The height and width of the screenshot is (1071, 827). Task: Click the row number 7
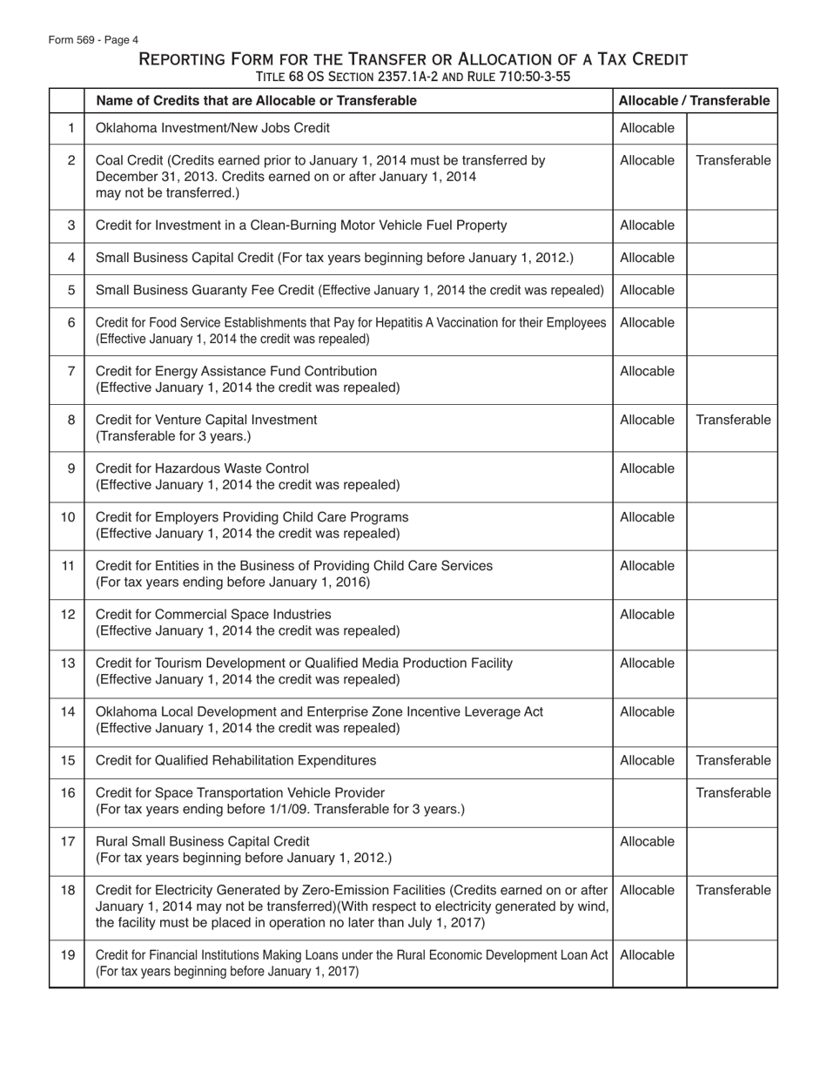tap(71, 371)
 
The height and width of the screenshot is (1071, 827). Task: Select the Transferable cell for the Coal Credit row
tap(732, 160)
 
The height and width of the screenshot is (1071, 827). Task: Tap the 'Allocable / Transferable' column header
tap(694, 101)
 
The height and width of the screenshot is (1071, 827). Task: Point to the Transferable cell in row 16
tap(732, 792)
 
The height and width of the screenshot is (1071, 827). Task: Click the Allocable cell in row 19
tap(647, 954)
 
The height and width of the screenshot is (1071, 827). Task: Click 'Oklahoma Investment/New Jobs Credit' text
tap(212, 129)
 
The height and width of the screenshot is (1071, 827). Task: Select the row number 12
tap(68, 614)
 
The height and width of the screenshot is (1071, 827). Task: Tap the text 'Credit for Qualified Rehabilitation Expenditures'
tap(236, 760)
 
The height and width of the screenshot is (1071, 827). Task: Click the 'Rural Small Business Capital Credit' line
tap(202, 841)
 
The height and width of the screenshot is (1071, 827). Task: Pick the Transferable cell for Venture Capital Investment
tap(732, 420)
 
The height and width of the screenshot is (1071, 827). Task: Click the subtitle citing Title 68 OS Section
tap(413, 77)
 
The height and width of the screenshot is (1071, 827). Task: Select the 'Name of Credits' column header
tap(256, 101)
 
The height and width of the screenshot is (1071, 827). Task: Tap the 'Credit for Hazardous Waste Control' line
tap(202, 468)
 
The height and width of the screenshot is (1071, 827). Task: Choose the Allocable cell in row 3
tap(647, 226)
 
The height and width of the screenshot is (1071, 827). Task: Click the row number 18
tap(68, 890)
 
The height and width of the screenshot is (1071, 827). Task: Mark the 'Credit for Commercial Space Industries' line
tap(213, 615)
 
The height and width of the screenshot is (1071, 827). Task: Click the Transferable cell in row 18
tap(732, 890)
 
